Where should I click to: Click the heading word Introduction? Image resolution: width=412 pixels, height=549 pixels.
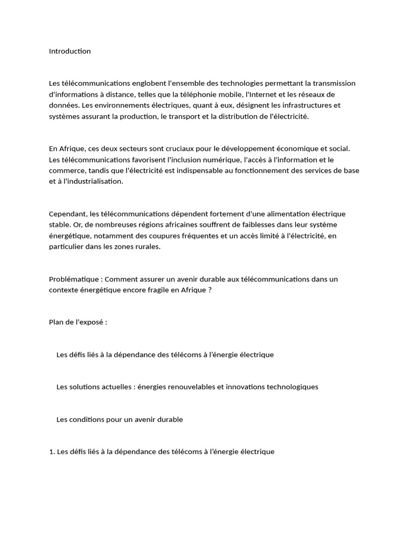70,51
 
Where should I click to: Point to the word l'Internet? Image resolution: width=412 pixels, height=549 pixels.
261,94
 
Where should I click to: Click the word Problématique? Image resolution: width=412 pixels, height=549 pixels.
75,279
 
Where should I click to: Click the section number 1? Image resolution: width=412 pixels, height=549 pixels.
51,452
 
